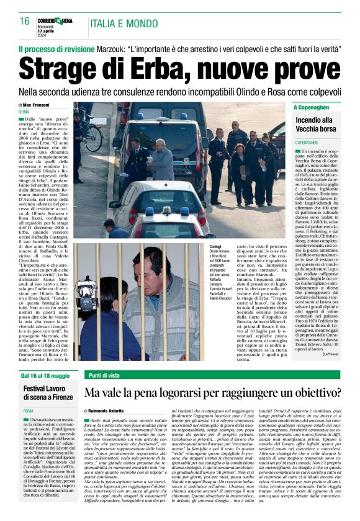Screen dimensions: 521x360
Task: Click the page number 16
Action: pyautogui.click(x=25, y=21)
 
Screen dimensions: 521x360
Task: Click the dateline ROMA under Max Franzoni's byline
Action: pyautogui.click(x=24, y=112)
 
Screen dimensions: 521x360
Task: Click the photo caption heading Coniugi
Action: pyautogui.click(x=217, y=247)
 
